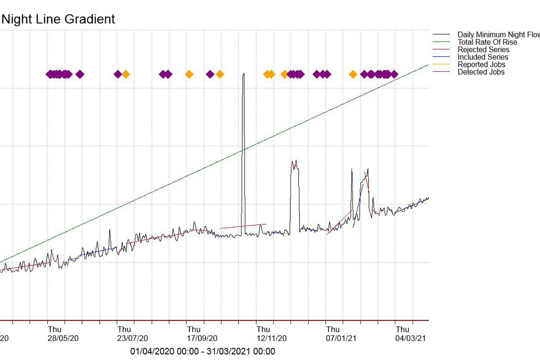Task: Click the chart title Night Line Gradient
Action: pyautogui.click(x=58, y=19)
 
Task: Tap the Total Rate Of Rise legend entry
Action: pyautogui.click(x=487, y=42)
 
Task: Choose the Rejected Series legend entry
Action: pyautogui.click(x=483, y=50)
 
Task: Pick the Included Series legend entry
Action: pyautogui.click(x=483, y=57)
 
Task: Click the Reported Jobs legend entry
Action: pyautogui.click(x=481, y=65)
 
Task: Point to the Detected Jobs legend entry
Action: pyautogui.click(x=481, y=72)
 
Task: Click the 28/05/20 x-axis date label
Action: pyautogui.click(x=63, y=338)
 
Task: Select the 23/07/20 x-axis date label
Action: pyautogui.click(x=132, y=338)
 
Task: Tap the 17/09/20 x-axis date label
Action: pyautogui.click(x=202, y=338)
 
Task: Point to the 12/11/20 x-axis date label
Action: pyautogui.click(x=271, y=338)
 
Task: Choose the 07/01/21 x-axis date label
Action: pyautogui.click(x=341, y=338)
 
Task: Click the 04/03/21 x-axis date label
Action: pyautogui.click(x=411, y=338)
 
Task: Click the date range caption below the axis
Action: pyautogui.click(x=202, y=351)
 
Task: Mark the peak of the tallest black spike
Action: pyautogui.click(x=244, y=74)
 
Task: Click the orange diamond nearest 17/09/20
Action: pyautogui.click(x=189, y=74)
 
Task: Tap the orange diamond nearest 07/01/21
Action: pyautogui.click(x=353, y=74)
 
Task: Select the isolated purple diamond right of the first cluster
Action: pyautogui.click(x=80, y=74)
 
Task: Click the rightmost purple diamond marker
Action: pyautogui.click(x=394, y=74)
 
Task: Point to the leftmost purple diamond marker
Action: pyautogui.click(x=49, y=74)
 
